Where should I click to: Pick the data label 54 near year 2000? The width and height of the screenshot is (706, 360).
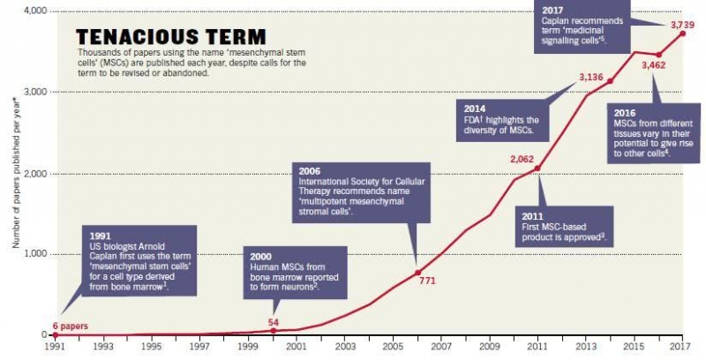tap(273, 322)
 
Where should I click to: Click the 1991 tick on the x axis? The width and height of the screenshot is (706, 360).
tap(55, 347)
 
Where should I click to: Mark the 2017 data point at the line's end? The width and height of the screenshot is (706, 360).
tap(682, 34)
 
